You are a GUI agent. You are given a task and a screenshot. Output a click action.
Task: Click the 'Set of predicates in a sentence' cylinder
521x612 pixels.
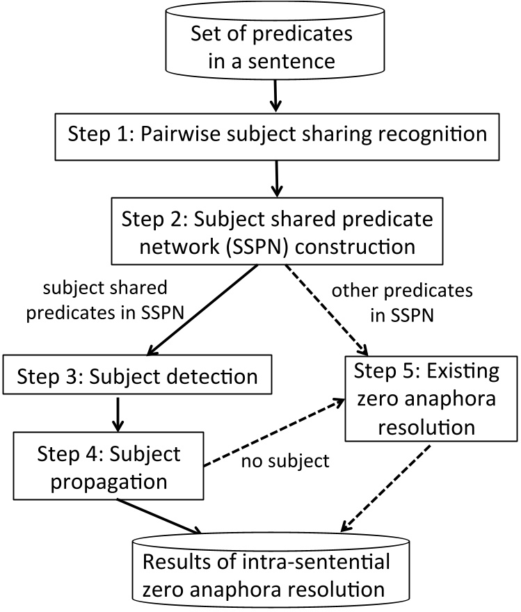(x=275, y=41)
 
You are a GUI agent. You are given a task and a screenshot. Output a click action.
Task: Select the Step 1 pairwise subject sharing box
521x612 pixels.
(x=277, y=136)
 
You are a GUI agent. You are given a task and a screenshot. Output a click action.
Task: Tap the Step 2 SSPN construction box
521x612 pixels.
(x=277, y=231)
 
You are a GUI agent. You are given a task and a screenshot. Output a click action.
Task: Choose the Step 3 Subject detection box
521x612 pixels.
(x=137, y=374)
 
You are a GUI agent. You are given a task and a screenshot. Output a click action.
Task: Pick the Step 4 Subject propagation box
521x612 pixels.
(x=109, y=466)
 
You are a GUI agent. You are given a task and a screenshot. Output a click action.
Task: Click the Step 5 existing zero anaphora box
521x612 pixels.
(x=431, y=398)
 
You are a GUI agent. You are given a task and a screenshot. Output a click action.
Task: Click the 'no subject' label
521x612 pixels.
(x=285, y=461)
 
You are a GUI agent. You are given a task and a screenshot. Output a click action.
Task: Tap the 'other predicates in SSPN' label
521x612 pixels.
(x=402, y=303)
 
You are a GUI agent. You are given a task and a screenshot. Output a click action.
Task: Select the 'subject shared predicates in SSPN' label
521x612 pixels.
(x=105, y=300)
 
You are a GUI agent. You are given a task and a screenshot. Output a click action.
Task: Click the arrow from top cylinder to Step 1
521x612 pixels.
(x=275, y=96)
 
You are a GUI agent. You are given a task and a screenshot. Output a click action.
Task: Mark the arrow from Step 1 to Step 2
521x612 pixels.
(x=277, y=179)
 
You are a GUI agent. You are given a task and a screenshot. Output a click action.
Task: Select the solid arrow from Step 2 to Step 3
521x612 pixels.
(x=202, y=310)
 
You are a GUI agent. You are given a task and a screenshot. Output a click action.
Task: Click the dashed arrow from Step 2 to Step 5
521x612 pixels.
(x=326, y=310)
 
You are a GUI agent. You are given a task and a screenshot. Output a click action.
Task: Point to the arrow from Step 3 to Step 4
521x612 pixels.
(x=118, y=414)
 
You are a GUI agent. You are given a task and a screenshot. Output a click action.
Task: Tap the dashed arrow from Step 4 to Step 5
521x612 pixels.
(x=274, y=432)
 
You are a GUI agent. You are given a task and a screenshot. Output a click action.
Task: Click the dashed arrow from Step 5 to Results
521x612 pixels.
(x=385, y=489)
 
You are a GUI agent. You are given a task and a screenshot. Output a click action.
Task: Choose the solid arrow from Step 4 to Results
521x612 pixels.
(x=159, y=516)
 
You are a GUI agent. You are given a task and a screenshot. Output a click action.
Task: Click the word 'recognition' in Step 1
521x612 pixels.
(x=433, y=135)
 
